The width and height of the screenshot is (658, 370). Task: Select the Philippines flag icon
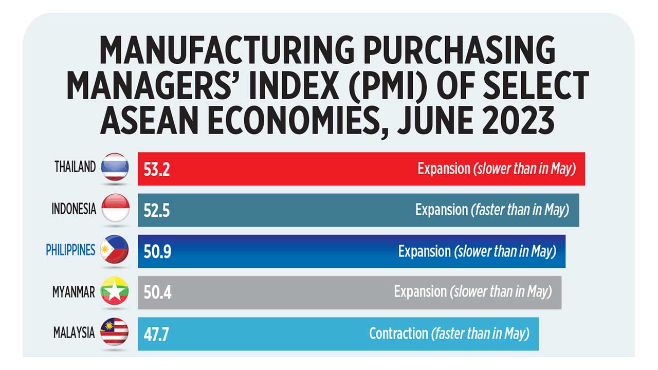[115, 250]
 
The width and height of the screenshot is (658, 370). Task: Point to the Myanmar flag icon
[115, 291]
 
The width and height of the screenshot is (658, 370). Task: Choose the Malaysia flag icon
[115, 332]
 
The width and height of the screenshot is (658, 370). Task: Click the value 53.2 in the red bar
[157, 169]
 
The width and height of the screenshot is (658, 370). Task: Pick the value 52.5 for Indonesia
[157, 210]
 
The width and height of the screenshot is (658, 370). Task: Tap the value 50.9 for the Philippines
[157, 252]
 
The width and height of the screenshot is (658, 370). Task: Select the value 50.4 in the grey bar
[157, 293]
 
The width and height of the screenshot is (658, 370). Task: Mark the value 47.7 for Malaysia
[156, 334]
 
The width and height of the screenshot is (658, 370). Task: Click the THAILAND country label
[75, 167]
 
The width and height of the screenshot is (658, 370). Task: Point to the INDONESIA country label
[74, 209]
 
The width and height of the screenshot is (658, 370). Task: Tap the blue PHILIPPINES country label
[70, 250]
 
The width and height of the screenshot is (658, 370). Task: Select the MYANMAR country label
[74, 292]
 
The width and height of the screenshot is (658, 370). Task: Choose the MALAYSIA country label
[74, 333]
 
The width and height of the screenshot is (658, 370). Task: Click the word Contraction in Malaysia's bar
[398, 334]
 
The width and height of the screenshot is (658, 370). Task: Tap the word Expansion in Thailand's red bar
[444, 169]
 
